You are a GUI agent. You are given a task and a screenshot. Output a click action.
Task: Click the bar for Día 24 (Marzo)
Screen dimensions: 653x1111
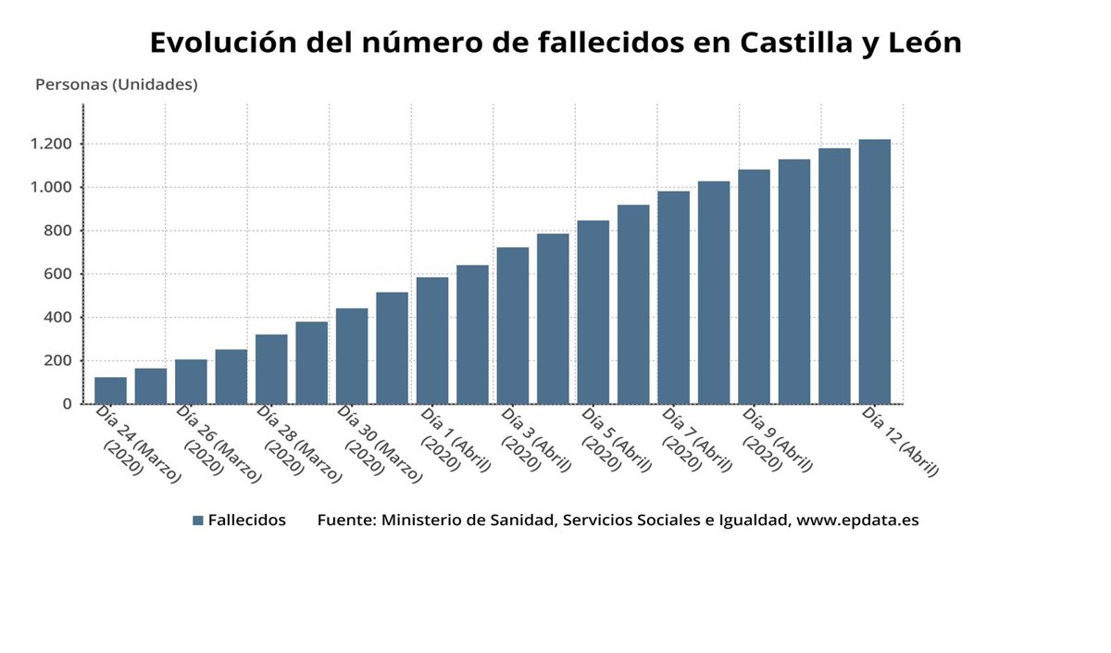pyautogui.click(x=110, y=391)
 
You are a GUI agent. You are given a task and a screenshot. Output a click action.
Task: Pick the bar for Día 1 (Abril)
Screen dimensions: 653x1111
pyautogui.click(x=431, y=341)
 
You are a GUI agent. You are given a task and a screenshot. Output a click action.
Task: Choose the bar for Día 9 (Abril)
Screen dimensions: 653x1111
pyautogui.click(x=754, y=287)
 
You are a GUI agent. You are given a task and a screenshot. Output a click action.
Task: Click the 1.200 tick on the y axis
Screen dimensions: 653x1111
pyautogui.click(x=51, y=144)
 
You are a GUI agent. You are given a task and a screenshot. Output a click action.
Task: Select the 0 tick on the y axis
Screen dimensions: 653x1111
pyautogui.click(x=67, y=404)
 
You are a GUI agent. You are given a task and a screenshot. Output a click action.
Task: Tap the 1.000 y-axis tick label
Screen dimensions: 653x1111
pyautogui.click(x=51, y=187)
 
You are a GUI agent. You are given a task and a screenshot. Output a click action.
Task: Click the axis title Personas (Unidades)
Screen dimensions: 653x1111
pyautogui.click(x=117, y=84)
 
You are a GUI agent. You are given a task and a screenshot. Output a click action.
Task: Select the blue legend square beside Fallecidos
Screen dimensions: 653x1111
pyautogui.click(x=197, y=521)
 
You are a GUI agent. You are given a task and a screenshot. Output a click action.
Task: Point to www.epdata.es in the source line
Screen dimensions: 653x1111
pyautogui.click(x=857, y=521)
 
